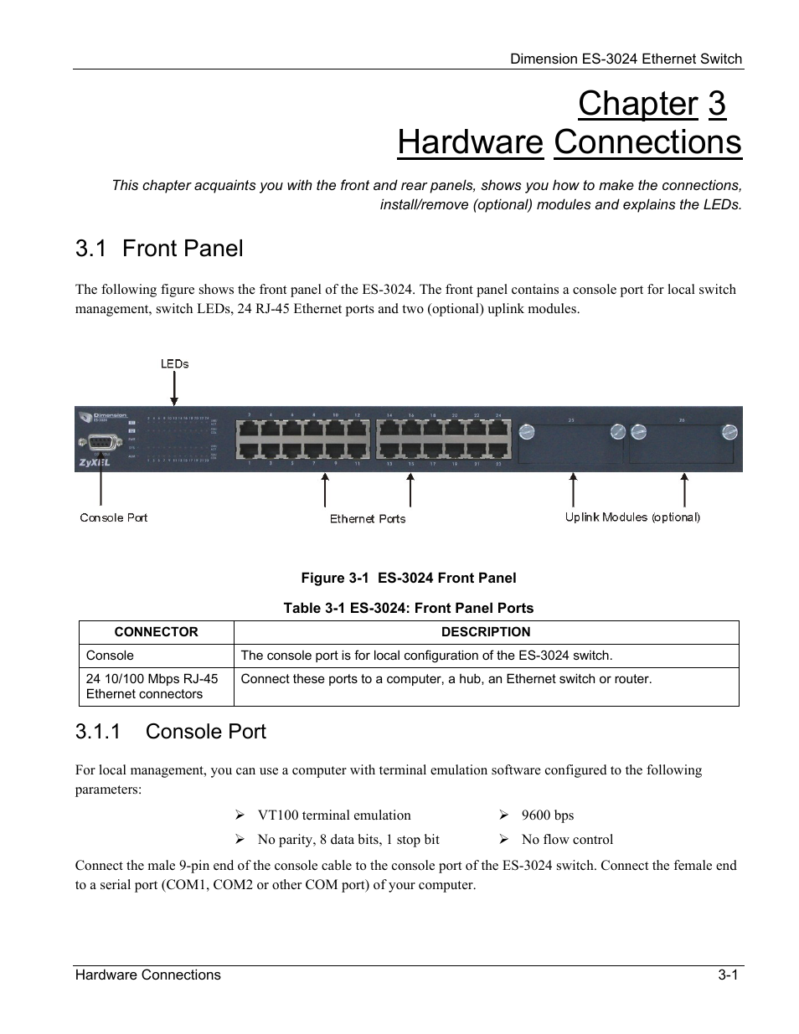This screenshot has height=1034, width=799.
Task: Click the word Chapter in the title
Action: click(637, 104)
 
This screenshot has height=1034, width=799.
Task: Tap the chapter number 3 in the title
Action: click(716, 104)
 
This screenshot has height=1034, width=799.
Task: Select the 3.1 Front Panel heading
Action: click(159, 248)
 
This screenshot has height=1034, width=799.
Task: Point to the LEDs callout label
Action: click(174, 363)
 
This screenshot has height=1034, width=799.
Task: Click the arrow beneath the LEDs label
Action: click(174, 388)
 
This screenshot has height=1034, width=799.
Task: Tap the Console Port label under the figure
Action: click(114, 517)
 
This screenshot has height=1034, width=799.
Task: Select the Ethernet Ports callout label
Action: click(368, 519)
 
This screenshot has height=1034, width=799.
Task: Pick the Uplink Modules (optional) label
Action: click(632, 517)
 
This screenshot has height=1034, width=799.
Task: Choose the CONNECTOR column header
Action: click(157, 632)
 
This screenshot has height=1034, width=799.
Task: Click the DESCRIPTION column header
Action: click(486, 632)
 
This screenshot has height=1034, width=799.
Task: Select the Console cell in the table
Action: click(110, 656)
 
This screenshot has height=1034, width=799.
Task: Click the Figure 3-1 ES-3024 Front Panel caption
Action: click(409, 578)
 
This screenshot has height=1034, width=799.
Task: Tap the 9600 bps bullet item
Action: click(547, 815)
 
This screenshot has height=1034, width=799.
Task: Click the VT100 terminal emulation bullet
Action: click(334, 815)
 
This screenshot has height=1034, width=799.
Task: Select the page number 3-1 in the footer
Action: click(727, 975)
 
